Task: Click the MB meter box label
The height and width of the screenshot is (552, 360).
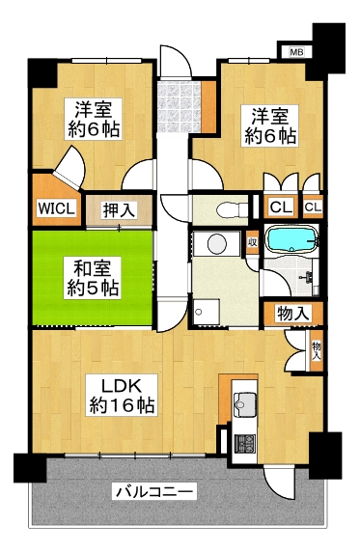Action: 296,52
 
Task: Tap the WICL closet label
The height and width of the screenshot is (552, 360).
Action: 56,208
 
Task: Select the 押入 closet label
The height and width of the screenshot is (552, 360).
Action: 119,210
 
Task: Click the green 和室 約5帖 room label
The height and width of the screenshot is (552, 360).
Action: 93,279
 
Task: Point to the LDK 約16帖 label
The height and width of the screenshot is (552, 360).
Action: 122,396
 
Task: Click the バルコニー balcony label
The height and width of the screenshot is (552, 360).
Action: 154,491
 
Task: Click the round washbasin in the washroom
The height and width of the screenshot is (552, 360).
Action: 217,243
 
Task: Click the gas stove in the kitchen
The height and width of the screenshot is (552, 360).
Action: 245,444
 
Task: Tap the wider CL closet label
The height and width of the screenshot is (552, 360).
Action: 281,207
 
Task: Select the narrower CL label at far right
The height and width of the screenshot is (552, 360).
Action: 313,207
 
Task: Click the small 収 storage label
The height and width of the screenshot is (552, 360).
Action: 252,242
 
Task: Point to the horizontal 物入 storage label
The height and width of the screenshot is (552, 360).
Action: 293,313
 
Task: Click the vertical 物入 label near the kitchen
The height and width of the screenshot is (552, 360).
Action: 316,350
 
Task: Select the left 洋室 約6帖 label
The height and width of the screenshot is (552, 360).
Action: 94,120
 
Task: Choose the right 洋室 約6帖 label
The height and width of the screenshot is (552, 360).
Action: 270,125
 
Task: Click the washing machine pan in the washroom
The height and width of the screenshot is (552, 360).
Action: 207,312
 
